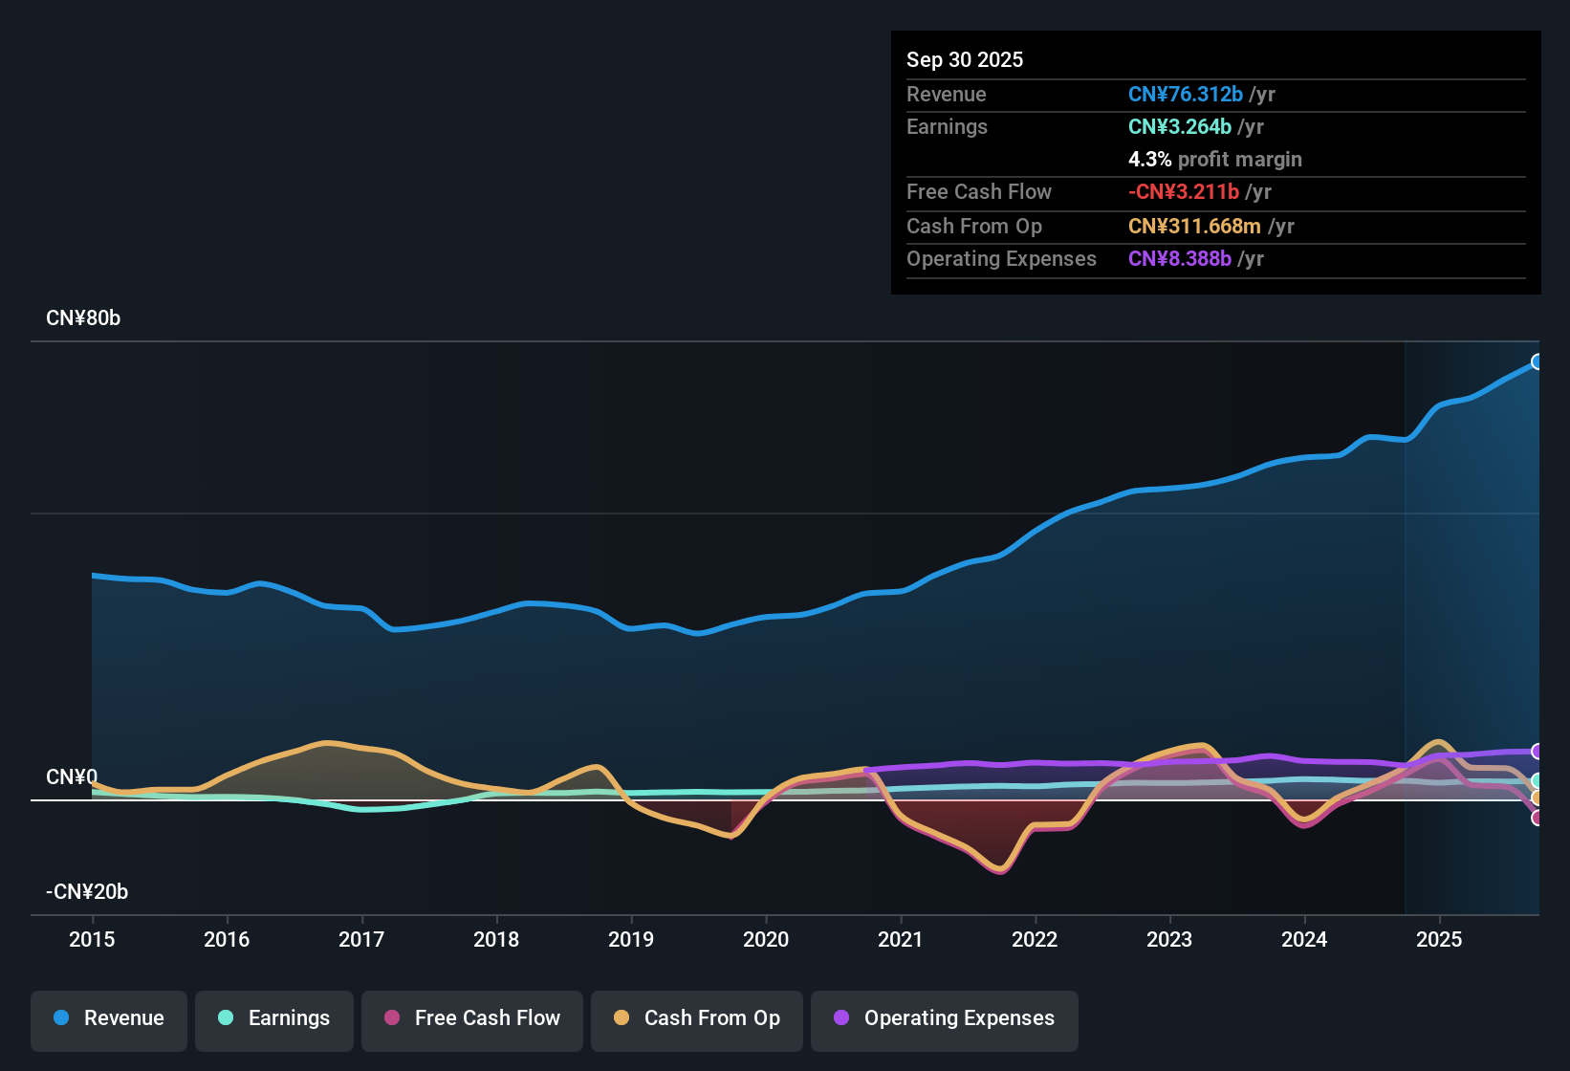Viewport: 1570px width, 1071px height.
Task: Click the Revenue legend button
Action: (x=109, y=1018)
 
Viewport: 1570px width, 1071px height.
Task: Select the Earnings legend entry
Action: (x=274, y=1018)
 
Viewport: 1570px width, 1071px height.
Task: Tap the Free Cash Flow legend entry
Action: (x=472, y=1018)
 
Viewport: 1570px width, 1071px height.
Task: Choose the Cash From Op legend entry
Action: (x=697, y=1018)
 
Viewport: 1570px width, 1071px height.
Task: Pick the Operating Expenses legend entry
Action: (x=945, y=1018)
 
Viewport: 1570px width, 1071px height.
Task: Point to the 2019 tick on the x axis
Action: (x=631, y=939)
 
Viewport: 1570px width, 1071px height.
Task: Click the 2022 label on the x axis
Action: (x=1035, y=939)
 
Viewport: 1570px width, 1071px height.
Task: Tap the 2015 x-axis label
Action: (x=92, y=939)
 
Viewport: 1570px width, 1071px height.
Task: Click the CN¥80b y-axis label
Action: (x=83, y=318)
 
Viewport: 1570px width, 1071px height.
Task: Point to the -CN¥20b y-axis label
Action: (x=87, y=892)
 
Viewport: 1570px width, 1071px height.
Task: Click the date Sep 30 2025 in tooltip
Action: (x=965, y=59)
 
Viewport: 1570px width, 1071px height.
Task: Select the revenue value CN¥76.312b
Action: (x=1185, y=94)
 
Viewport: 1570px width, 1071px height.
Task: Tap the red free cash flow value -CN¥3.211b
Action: (x=1183, y=191)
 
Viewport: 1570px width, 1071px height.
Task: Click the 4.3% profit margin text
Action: (x=1214, y=159)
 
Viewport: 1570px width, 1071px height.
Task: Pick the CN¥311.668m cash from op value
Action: (x=1194, y=226)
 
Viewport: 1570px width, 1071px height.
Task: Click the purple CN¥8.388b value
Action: (x=1179, y=258)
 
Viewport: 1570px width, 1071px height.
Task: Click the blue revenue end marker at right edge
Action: (x=1537, y=361)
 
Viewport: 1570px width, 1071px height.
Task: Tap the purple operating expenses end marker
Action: (x=1537, y=752)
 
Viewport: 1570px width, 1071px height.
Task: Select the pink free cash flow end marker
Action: (x=1537, y=818)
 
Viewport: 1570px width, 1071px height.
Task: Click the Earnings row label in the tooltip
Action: (x=947, y=126)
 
